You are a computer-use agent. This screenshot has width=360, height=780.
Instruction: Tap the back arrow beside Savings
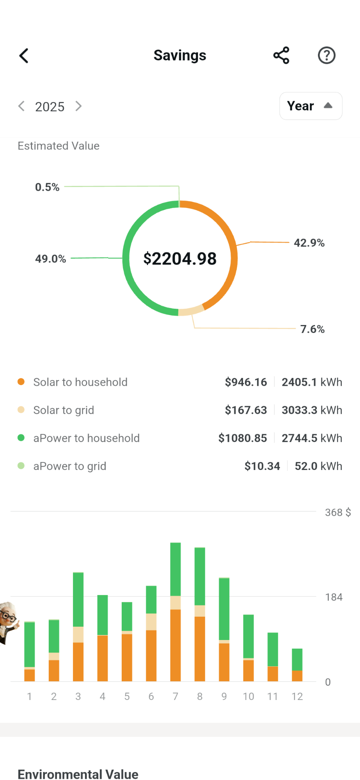24,55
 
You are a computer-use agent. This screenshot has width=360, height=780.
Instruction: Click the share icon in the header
281,55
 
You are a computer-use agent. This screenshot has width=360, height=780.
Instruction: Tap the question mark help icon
327,55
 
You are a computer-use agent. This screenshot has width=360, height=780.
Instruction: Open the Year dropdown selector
310,106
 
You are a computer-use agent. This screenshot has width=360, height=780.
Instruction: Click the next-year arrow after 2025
78,106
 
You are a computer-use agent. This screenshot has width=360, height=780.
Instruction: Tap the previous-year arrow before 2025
22,106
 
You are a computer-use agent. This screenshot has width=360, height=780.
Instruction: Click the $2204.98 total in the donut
180,259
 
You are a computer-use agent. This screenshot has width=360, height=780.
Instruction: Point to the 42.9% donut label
309,243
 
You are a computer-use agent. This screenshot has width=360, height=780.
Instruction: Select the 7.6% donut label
312,329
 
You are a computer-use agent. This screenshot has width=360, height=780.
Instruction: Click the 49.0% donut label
50,259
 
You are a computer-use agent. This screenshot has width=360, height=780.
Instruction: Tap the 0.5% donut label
47,187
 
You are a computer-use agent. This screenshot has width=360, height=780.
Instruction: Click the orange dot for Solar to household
21,382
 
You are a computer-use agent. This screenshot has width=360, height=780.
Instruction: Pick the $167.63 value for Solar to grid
246,410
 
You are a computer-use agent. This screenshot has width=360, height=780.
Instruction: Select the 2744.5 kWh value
312,438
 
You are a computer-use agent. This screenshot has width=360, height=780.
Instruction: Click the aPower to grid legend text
70,466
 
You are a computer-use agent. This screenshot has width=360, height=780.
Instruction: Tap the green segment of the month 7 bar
175,569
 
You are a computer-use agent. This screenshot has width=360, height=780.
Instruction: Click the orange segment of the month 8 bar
200,648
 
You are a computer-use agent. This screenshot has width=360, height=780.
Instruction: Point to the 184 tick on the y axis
334,597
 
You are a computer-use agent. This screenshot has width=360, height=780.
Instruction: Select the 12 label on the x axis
297,696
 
